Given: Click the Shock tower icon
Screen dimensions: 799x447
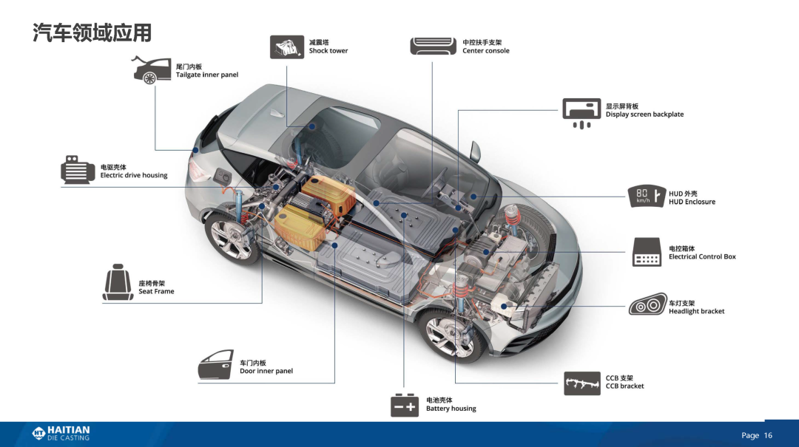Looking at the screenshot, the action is coord(287,47).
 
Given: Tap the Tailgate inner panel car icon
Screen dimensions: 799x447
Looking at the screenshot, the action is coord(152,69).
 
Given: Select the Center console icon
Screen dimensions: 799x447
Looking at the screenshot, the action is coord(433,47).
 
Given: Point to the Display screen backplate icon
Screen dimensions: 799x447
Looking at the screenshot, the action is coord(581,113).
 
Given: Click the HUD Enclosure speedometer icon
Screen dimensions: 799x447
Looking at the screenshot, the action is coord(647,196).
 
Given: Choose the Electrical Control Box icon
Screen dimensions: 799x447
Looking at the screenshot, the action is coord(647,252).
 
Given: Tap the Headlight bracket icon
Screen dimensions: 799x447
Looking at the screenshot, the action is coord(647,304).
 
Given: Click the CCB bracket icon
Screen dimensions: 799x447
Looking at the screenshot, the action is coord(582,383).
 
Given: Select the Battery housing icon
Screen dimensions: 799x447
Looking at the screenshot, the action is coord(405,405).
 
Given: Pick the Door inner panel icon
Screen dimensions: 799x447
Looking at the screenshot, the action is coord(215,364).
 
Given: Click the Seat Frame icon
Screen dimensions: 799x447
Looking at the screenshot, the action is coord(118,282).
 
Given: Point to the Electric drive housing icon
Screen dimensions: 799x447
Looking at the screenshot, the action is coord(78,170).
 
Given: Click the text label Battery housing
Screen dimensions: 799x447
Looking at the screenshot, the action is coord(451,409).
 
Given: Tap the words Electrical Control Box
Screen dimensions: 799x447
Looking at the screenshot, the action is coord(702,256).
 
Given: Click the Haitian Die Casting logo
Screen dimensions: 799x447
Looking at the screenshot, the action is coord(61,433).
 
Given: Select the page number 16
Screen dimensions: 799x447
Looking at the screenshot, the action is coord(768,435).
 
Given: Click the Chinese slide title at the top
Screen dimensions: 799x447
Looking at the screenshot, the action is coord(92,33).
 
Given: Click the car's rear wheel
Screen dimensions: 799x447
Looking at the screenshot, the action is coord(233,238).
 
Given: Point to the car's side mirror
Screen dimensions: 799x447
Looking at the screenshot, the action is coord(475,151).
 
